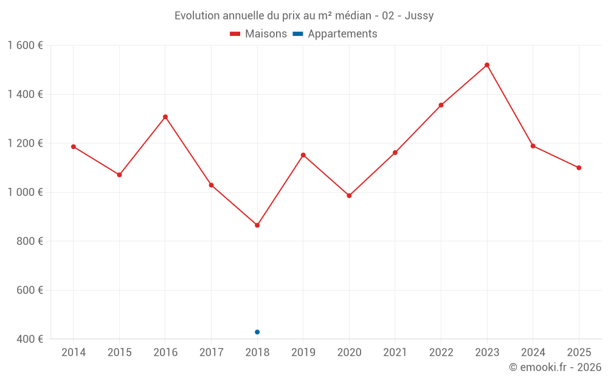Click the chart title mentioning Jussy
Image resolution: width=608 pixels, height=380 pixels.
click(x=304, y=16)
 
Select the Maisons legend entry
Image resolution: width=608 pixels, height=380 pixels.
click(x=258, y=34)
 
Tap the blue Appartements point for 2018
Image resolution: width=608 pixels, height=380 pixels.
click(x=257, y=332)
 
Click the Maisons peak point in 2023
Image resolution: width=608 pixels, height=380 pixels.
click(x=487, y=65)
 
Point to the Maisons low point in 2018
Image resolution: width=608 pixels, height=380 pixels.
click(x=257, y=226)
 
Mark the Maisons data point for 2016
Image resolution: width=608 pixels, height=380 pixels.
click(x=165, y=117)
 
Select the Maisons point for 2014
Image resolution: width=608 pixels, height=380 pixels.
click(x=74, y=147)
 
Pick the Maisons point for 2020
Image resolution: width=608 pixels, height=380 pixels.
click(x=349, y=196)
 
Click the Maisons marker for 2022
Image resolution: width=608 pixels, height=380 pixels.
click(x=441, y=105)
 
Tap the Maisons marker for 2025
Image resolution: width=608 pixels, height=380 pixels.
click(x=579, y=168)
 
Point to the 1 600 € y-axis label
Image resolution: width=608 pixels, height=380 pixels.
click(x=25, y=46)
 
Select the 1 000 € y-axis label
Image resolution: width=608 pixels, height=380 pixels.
click(x=25, y=192)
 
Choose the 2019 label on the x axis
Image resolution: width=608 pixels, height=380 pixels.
click(x=303, y=353)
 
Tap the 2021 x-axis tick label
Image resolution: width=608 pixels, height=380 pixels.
click(x=395, y=353)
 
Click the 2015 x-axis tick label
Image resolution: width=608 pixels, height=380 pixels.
click(x=119, y=353)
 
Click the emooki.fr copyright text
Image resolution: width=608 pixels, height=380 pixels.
click(x=554, y=367)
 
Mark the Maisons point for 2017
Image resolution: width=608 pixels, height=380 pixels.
click(x=212, y=185)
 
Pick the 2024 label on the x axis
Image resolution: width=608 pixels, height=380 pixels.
click(x=533, y=353)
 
